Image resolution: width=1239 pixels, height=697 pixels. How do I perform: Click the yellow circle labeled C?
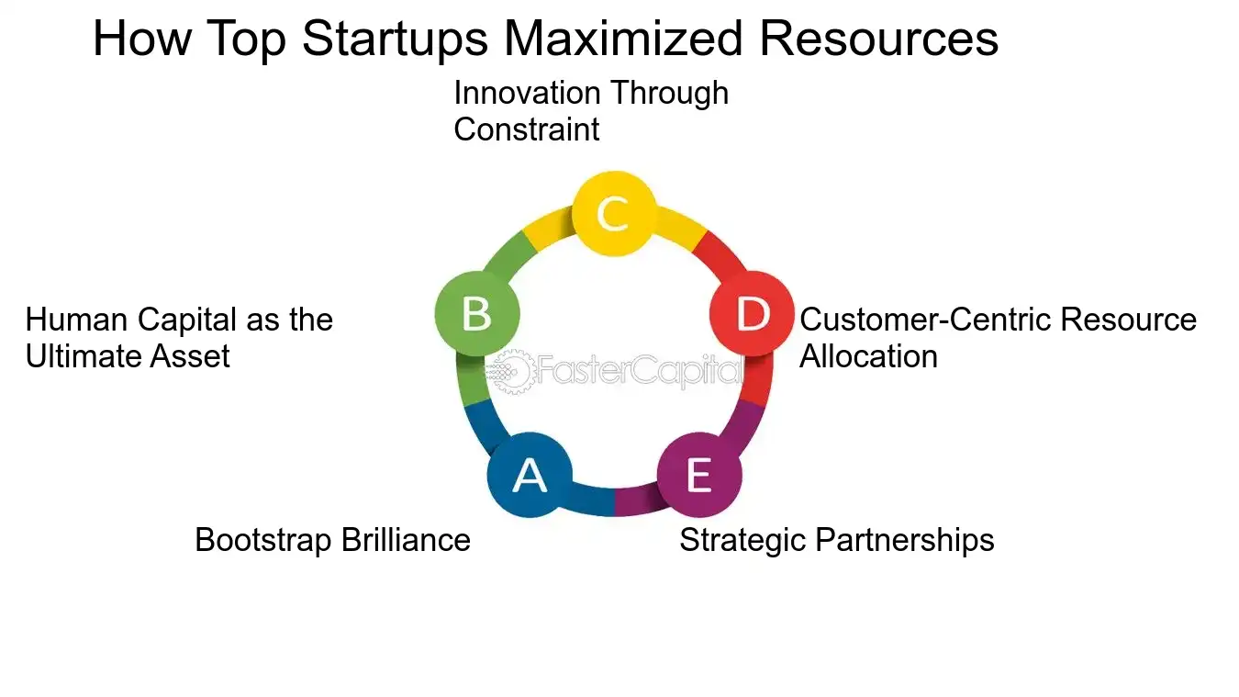click(x=613, y=213)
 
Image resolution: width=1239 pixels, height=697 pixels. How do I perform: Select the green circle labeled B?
click(x=477, y=313)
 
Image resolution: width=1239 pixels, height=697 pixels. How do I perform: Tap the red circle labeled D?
click(x=753, y=313)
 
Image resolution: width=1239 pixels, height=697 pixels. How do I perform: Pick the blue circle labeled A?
click(x=530, y=475)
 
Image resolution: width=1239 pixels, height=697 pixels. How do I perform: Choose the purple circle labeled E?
click(x=699, y=475)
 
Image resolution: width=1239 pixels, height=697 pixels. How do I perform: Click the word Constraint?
click(x=526, y=129)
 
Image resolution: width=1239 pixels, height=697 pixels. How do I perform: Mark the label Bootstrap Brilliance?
click(x=332, y=540)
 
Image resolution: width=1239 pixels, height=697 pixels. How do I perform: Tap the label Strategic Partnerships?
click(x=836, y=540)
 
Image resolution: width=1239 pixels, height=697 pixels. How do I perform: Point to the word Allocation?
click(x=868, y=356)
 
